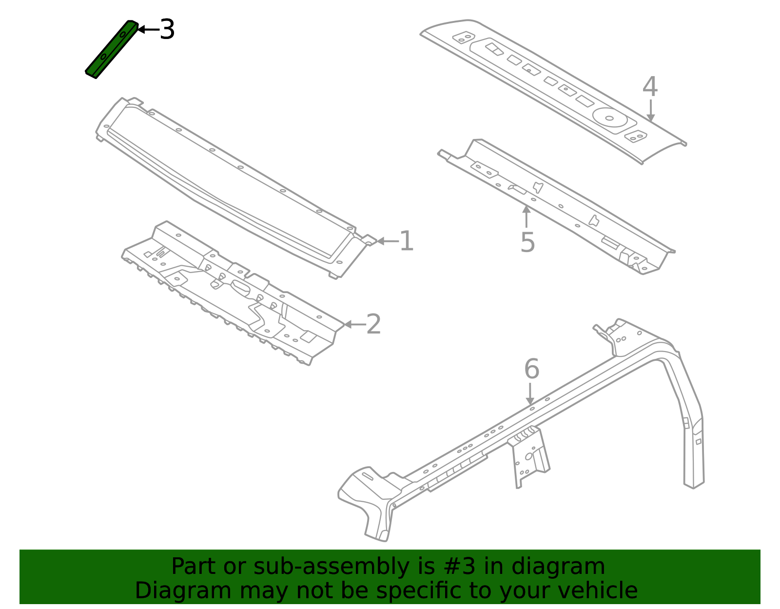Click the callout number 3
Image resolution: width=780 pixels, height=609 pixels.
(167, 30)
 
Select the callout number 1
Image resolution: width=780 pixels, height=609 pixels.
(406, 241)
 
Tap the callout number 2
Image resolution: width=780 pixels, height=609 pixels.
(373, 324)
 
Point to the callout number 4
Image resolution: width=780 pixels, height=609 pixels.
(650, 88)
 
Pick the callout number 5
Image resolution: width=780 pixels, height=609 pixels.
(527, 242)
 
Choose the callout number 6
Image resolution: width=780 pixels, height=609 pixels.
(531, 369)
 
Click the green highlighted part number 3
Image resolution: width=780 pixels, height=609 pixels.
(112, 49)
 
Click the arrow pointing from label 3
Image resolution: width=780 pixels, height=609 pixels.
(148, 30)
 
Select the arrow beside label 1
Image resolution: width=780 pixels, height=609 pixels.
(387, 241)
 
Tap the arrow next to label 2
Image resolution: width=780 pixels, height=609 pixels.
(354, 324)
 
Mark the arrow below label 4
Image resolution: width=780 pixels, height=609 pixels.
(650, 111)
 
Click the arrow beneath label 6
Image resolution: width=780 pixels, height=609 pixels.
(530, 393)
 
